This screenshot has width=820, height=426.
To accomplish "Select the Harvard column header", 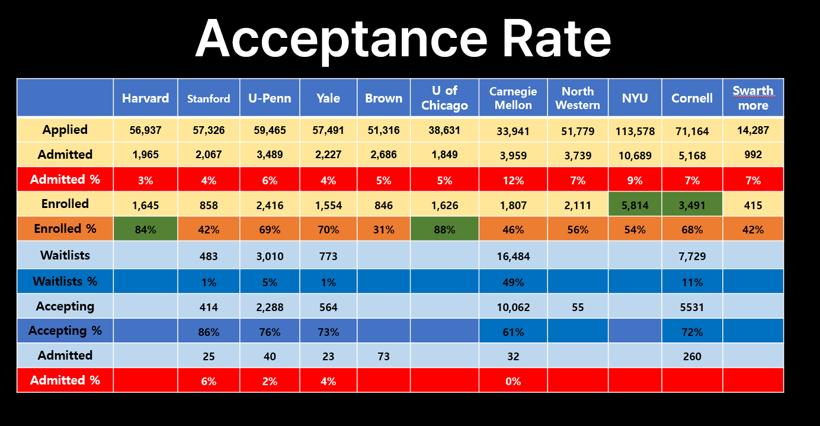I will (x=145, y=98).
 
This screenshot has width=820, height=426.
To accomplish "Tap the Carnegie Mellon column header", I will (x=513, y=98).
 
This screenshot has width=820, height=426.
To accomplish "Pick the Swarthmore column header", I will (x=753, y=98).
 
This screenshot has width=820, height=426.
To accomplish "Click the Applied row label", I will (x=65, y=130).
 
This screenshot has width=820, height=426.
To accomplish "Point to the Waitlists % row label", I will (x=65, y=281).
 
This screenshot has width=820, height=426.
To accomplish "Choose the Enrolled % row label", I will (x=65, y=229).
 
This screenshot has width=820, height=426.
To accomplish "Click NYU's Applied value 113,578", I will (x=635, y=131).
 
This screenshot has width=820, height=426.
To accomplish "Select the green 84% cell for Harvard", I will (x=145, y=229).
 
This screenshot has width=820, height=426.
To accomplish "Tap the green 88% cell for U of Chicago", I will (x=444, y=229).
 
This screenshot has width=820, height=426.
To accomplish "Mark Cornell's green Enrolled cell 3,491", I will (x=691, y=206).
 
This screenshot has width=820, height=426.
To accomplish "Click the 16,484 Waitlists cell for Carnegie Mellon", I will (x=513, y=257).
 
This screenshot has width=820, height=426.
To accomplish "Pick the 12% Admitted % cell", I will (x=513, y=180).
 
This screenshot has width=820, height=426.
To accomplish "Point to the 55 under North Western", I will (x=577, y=307).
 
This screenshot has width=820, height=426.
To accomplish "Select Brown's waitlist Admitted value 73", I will (x=383, y=356).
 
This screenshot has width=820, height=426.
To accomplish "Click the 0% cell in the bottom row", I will (x=513, y=381).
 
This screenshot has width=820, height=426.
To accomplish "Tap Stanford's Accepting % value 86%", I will (x=209, y=332).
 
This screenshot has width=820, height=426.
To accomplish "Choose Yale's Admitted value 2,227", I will (x=328, y=156).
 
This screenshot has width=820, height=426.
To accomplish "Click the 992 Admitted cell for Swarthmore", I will (x=753, y=156).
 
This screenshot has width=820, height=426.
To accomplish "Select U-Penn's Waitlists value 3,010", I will (x=270, y=257).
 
